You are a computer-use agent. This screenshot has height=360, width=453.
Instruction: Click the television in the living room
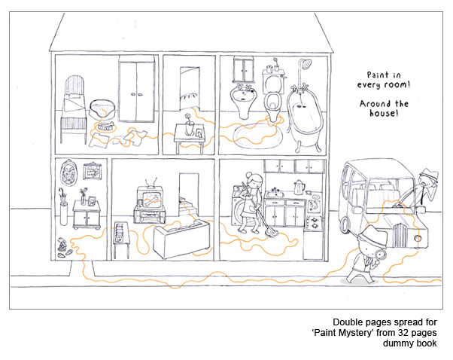tap(150, 198)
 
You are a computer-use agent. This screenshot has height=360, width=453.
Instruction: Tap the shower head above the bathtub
tap(305, 62)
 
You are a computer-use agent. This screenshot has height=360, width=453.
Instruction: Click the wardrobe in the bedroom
tap(138, 90)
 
